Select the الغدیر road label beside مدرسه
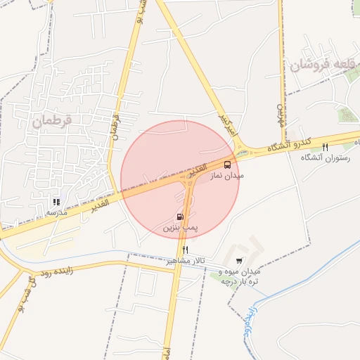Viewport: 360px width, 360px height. coord(98,205)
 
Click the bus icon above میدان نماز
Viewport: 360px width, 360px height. coord(227,165)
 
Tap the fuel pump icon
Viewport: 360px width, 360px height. coord(180,217)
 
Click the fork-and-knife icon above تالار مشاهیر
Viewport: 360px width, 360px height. coord(186,250)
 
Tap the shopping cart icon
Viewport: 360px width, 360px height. coord(239,261)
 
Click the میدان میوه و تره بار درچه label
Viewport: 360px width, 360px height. coord(240,276)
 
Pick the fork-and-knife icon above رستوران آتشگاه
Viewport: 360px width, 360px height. coord(325,147)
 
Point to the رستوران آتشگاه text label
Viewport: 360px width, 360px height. coord(325,158)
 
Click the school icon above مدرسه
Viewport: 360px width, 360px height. coord(56,202)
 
